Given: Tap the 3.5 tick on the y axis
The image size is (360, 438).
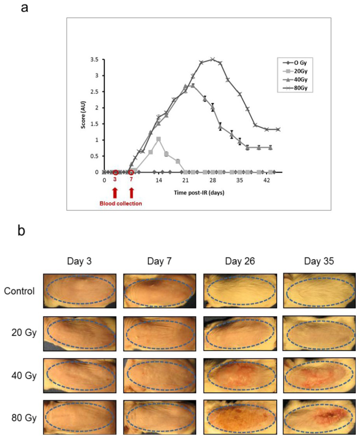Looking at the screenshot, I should (94, 60).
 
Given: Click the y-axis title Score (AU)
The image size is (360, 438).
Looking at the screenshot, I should (83, 116).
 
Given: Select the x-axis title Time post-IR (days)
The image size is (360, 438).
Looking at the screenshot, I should (199, 193).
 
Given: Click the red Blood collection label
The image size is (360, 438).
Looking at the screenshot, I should (121, 203).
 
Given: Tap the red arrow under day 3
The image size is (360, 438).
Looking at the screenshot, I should (115, 193).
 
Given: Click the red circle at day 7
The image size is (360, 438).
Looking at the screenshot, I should (131, 172).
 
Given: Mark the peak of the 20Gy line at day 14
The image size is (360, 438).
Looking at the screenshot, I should (159, 139).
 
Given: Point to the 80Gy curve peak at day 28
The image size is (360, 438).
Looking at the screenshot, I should (212, 59).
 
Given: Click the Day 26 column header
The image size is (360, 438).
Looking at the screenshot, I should (240, 261).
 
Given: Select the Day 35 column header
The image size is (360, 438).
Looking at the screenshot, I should (319, 261).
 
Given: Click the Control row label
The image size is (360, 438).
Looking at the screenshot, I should (19, 291).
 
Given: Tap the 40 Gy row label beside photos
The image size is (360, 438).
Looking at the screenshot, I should (24, 375).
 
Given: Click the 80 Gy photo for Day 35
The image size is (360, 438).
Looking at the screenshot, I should (320, 418).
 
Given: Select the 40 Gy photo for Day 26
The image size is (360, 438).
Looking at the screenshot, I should (240, 375).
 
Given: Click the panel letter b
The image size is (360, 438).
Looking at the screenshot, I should (21, 231).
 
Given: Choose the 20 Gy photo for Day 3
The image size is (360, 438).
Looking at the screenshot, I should (80, 333).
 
